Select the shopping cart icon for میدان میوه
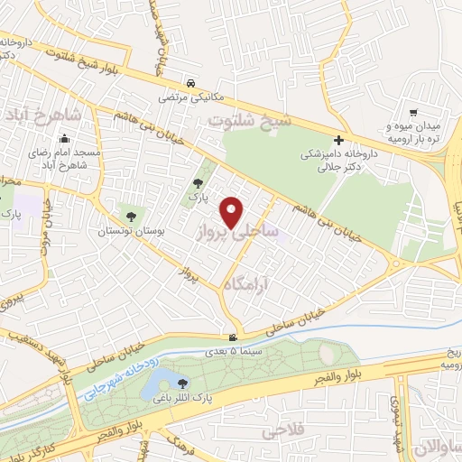click(412, 113)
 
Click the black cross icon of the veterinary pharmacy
click(338, 140)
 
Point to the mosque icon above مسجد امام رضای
click(65, 140)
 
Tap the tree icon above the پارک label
click(198, 184)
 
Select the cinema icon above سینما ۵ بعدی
click(234, 339)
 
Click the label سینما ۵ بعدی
click(234, 353)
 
